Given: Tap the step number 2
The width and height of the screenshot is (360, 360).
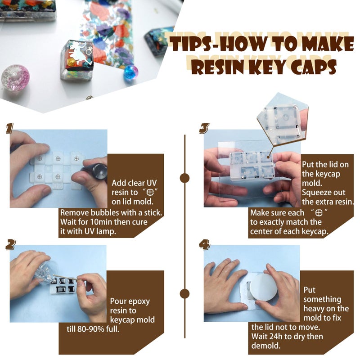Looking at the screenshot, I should pyautogui.click(x=11, y=244).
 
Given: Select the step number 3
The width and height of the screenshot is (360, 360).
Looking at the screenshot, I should pyautogui.click(x=204, y=129).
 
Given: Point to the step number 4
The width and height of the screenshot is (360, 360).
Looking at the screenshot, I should pyautogui.click(x=204, y=244).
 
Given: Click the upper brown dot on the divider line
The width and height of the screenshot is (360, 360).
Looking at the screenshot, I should pyautogui.click(x=184, y=178).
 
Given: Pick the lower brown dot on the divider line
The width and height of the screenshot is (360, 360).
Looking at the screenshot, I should pyautogui.click(x=184, y=294).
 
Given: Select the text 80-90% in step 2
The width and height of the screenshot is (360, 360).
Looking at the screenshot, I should pyautogui.click(x=90, y=329).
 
